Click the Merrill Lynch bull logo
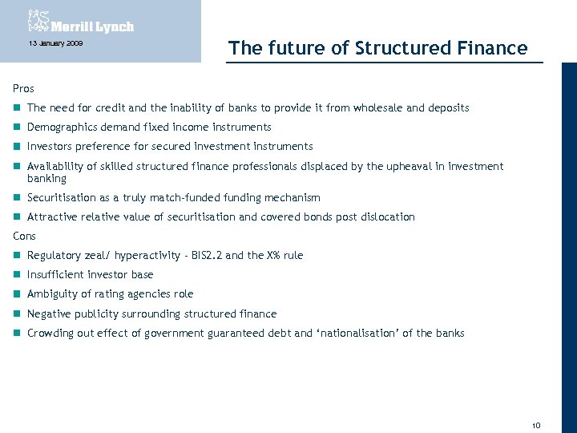[x=38, y=20]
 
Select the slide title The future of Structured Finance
[x=377, y=48]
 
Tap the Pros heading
[x=23, y=88]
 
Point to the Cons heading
[x=25, y=236]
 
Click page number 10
[x=536, y=424]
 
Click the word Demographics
[x=59, y=127]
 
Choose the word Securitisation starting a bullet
[x=59, y=197]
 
